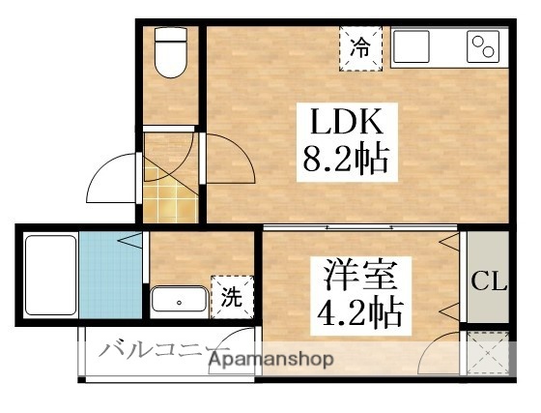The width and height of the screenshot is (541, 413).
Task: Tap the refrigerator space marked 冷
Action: pyautogui.click(x=360, y=46)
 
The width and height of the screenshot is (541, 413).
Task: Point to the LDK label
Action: pyautogui.click(x=348, y=124)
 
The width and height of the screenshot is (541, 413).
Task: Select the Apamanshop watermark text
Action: pyautogui.click(x=272, y=360)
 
